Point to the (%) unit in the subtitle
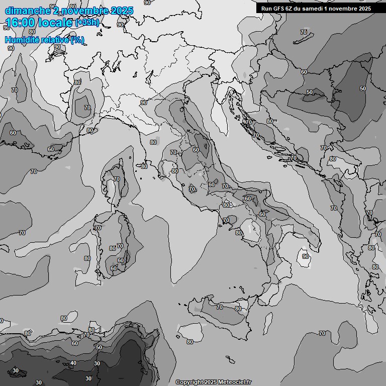click(x=77, y=40)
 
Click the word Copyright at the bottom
click(x=190, y=382)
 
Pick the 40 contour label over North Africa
click(x=73, y=363)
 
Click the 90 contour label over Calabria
click(x=306, y=256)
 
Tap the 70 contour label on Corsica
click(x=117, y=179)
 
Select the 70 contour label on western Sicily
click(x=220, y=307)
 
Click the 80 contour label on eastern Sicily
click(x=239, y=308)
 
